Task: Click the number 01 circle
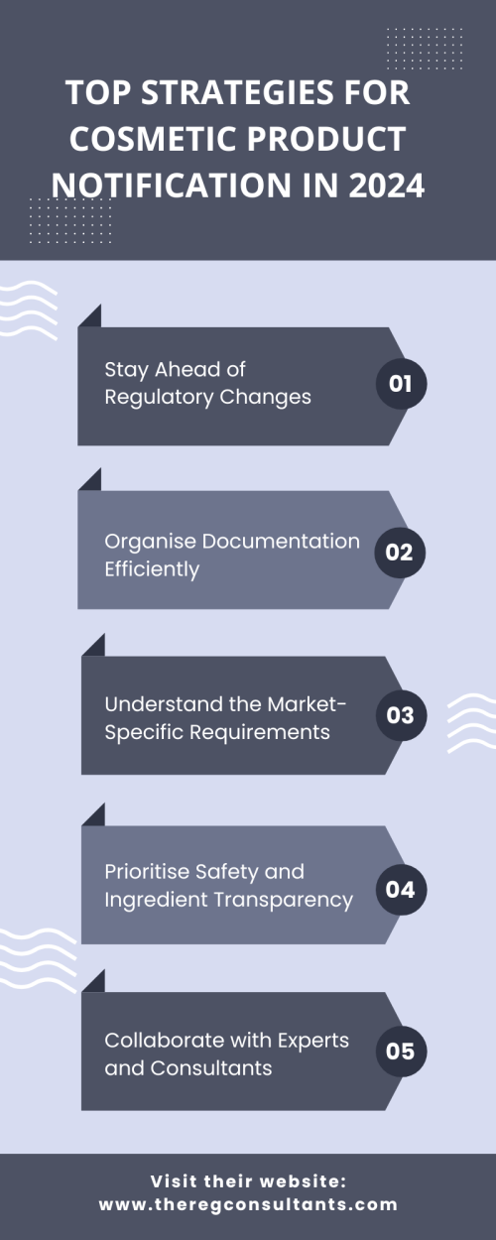(x=401, y=384)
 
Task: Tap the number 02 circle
(x=400, y=553)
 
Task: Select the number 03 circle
(x=401, y=715)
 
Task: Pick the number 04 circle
(x=401, y=890)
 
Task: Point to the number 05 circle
(x=401, y=1052)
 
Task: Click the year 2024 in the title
(x=387, y=186)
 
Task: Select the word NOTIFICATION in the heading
(x=172, y=186)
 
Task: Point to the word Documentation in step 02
(x=281, y=542)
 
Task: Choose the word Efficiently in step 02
(x=152, y=569)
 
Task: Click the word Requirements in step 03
(x=260, y=732)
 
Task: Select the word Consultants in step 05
(x=211, y=1068)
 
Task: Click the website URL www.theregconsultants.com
(x=248, y=1204)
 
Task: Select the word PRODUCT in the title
(x=326, y=139)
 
